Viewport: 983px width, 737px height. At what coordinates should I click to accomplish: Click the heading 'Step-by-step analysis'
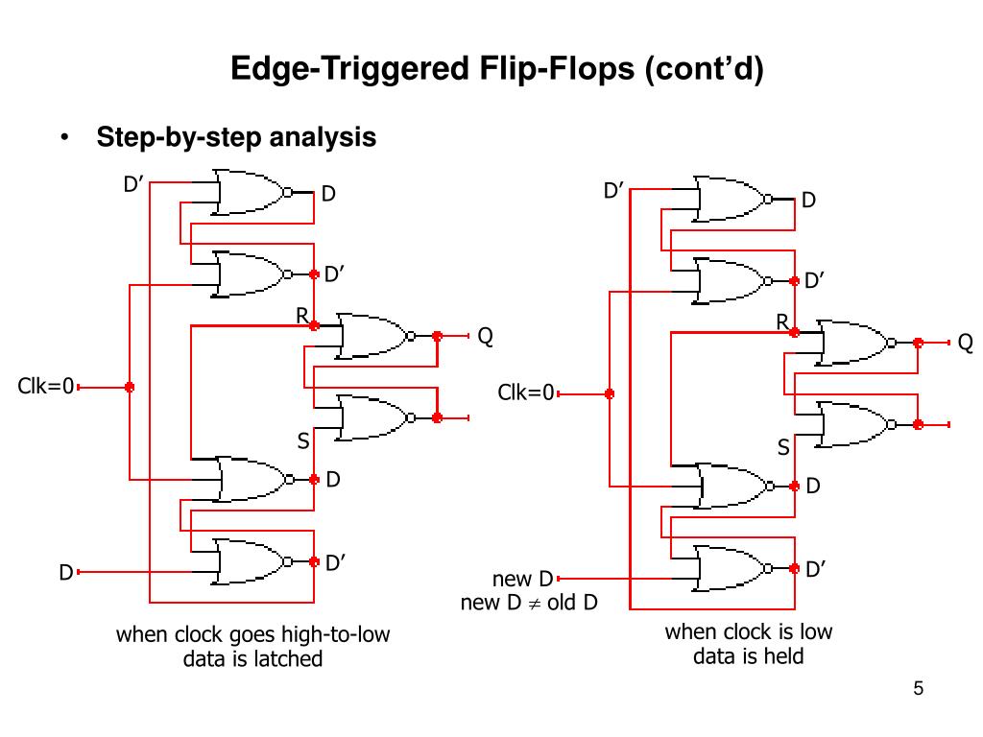click(236, 137)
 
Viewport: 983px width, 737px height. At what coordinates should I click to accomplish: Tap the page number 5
click(919, 688)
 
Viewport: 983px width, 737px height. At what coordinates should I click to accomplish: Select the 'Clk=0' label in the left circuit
click(46, 387)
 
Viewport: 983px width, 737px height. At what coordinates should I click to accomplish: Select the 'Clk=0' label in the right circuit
click(526, 392)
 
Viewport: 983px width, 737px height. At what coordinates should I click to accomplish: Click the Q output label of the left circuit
click(486, 336)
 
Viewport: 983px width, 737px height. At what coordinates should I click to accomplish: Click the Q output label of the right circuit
click(965, 343)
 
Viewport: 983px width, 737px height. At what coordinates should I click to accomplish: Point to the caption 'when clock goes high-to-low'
click(253, 635)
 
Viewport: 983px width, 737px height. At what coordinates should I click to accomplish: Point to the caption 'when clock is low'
click(749, 632)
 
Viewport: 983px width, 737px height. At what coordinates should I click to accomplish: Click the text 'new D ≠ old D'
click(529, 604)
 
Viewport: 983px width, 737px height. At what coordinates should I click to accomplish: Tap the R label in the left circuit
click(301, 316)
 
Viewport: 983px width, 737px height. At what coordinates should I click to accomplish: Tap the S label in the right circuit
click(783, 447)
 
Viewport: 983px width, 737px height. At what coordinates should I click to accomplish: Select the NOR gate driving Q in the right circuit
click(852, 343)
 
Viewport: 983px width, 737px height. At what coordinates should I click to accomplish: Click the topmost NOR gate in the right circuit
click(731, 199)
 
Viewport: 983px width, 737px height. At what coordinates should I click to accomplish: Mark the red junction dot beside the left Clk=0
click(130, 387)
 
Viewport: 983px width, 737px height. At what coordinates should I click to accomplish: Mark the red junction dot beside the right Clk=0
click(609, 393)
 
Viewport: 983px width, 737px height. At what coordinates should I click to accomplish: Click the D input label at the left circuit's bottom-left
click(65, 573)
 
